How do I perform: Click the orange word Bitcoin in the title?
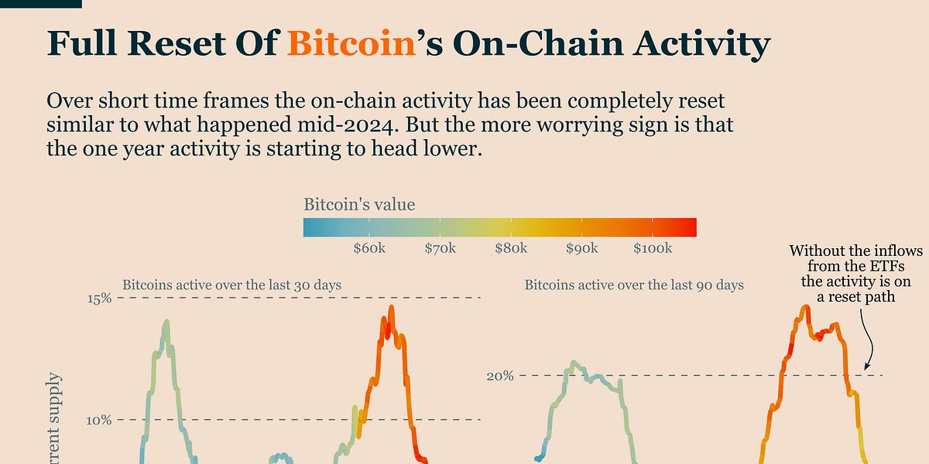(x=351, y=43)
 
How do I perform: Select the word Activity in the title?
(x=701, y=46)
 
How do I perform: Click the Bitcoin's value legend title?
(x=359, y=204)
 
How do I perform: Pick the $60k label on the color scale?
(x=369, y=248)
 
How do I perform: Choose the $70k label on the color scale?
(x=440, y=248)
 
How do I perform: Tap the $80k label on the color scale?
(x=511, y=248)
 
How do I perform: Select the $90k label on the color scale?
(x=582, y=248)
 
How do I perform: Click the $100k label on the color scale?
(x=653, y=248)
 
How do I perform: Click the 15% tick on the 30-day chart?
(x=100, y=299)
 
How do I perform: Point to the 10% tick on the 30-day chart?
(x=99, y=421)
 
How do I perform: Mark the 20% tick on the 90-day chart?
(x=500, y=376)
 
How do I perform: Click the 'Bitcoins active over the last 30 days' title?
(x=231, y=285)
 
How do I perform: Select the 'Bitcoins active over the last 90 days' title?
(x=634, y=285)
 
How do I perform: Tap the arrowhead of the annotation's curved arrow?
(x=866, y=367)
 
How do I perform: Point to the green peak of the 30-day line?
(x=166, y=321)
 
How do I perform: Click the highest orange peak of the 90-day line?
(x=806, y=306)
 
